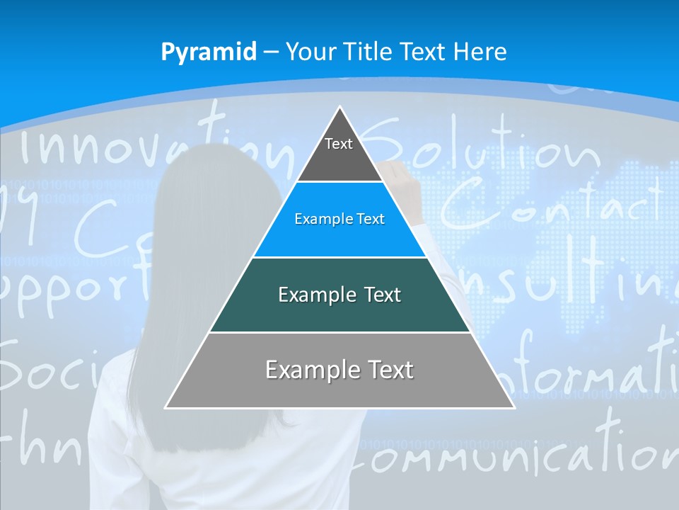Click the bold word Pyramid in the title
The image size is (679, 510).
click(x=209, y=52)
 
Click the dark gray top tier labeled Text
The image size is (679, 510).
click(x=339, y=152)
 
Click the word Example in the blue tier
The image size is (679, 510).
click(x=318, y=220)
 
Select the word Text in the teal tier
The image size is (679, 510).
click(x=379, y=295)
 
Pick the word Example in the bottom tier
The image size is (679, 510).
click(x=306, y=370)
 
